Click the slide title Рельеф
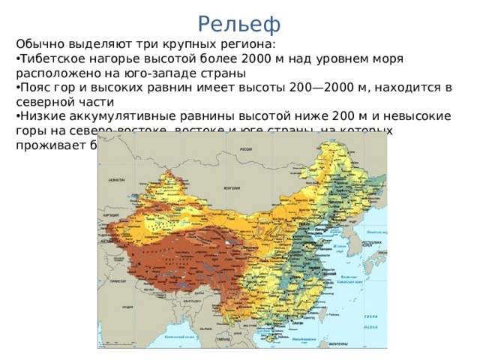click(240, 24)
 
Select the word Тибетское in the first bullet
click(51, 58)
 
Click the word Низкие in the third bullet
click(40, 117)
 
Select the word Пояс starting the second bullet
click(34, 88)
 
